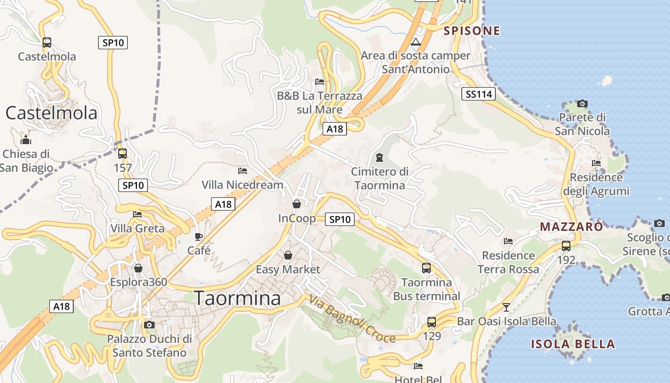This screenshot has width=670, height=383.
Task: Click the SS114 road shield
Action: point(479,94)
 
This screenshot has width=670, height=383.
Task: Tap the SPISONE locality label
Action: point(472,31)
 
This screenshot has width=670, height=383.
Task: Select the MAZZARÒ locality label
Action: point(571,226)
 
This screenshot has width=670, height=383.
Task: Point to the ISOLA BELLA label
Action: point(573,344)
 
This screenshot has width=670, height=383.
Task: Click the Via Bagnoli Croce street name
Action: point(352,319)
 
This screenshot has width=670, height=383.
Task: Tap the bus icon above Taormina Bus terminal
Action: point(426,268)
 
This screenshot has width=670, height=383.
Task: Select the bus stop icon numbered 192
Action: point(566,246)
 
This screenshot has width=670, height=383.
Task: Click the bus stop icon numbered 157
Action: point(123,154)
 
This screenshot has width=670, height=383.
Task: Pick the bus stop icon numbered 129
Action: point(432,322)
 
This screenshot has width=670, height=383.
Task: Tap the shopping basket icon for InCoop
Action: point(297,204)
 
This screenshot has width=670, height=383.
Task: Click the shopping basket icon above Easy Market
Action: point(288,255)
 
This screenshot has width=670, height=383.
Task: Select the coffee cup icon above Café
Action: point(199,237)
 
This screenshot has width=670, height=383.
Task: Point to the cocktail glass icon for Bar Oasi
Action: point(506,307)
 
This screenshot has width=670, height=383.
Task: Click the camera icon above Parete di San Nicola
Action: point(582,103)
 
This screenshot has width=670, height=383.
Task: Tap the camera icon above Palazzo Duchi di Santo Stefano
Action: point(149,325)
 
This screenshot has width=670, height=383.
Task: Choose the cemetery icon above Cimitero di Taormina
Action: point(380,157)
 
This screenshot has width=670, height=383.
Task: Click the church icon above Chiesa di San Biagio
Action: point(26,140)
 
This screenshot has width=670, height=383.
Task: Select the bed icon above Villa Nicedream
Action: point(243,170)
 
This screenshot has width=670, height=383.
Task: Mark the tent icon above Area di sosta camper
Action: point(416,42)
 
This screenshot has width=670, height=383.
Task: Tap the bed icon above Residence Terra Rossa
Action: point(508,241)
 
